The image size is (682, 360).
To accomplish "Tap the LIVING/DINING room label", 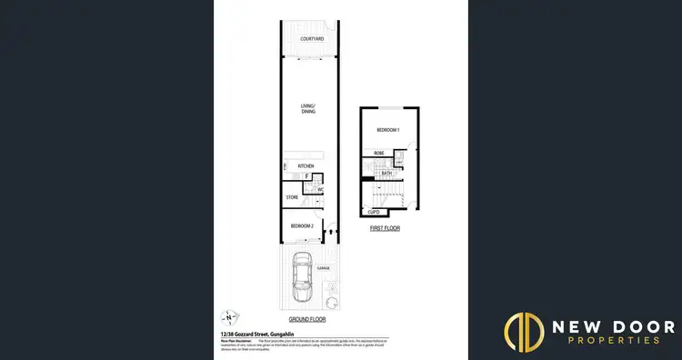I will [307, 109].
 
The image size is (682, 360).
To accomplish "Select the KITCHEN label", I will [305, 165].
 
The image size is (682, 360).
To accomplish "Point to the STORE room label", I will [292, 197].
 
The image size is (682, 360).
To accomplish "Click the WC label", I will [320, 189].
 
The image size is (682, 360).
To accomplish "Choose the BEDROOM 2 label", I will [302, 225].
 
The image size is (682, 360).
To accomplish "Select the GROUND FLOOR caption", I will [306, 320].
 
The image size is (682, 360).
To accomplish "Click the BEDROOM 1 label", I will [388, 131].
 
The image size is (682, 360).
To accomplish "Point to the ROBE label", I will [378, 154].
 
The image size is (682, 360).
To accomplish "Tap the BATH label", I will [386, 173].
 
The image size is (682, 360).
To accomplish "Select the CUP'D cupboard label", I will [373, 212].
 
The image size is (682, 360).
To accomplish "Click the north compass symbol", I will [229, 317].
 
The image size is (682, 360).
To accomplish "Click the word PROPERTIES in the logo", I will [603, 340].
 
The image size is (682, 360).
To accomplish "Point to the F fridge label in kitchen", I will [306, 176].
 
